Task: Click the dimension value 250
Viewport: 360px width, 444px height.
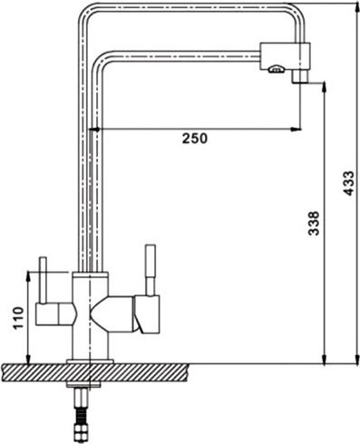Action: [x=195, y=139]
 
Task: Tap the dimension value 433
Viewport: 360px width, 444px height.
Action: [x=348, y=183]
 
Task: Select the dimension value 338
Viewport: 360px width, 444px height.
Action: [x=314, y=223]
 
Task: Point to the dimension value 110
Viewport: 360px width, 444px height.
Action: [x=18, y=318]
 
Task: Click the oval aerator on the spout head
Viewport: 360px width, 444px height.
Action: [x=276, y=70]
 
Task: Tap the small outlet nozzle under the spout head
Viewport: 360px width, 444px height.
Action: [x=300, y=76]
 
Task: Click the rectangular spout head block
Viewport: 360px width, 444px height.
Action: [x=286, y=56]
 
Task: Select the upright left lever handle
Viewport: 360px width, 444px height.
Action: [x=43, y=280]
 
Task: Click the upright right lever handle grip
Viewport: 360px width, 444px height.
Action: [x=151, y=260]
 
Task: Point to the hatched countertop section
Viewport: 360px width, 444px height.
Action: [x=95, y=372]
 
